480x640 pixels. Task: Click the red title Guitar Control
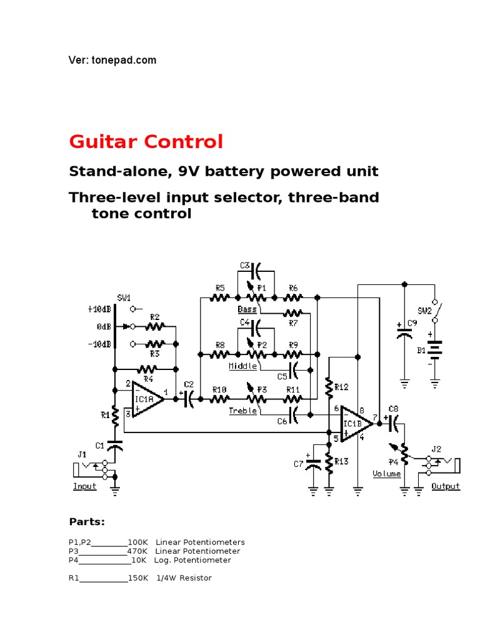[x=146, y=142]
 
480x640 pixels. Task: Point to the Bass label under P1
[x=247, y=309]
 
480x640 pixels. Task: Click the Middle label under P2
[x=242, y=366]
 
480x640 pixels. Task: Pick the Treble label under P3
[x=242, y=411]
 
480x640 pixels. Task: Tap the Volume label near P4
[x=386, y=474]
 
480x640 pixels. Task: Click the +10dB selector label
[x=99, y=308]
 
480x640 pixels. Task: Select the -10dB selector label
[x=99, y=344]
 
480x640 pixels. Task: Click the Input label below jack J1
[x=85, y=486]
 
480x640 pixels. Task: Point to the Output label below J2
[x=445, y=486]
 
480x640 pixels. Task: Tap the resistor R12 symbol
[x=329, y=387]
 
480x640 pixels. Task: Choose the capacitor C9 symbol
[x=404, y=331]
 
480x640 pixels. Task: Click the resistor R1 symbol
[x=115, y=415]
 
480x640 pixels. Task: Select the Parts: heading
[x=87, y=522]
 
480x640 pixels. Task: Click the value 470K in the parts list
[x=137, y=551]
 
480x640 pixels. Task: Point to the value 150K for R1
[x=137, y=578]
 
